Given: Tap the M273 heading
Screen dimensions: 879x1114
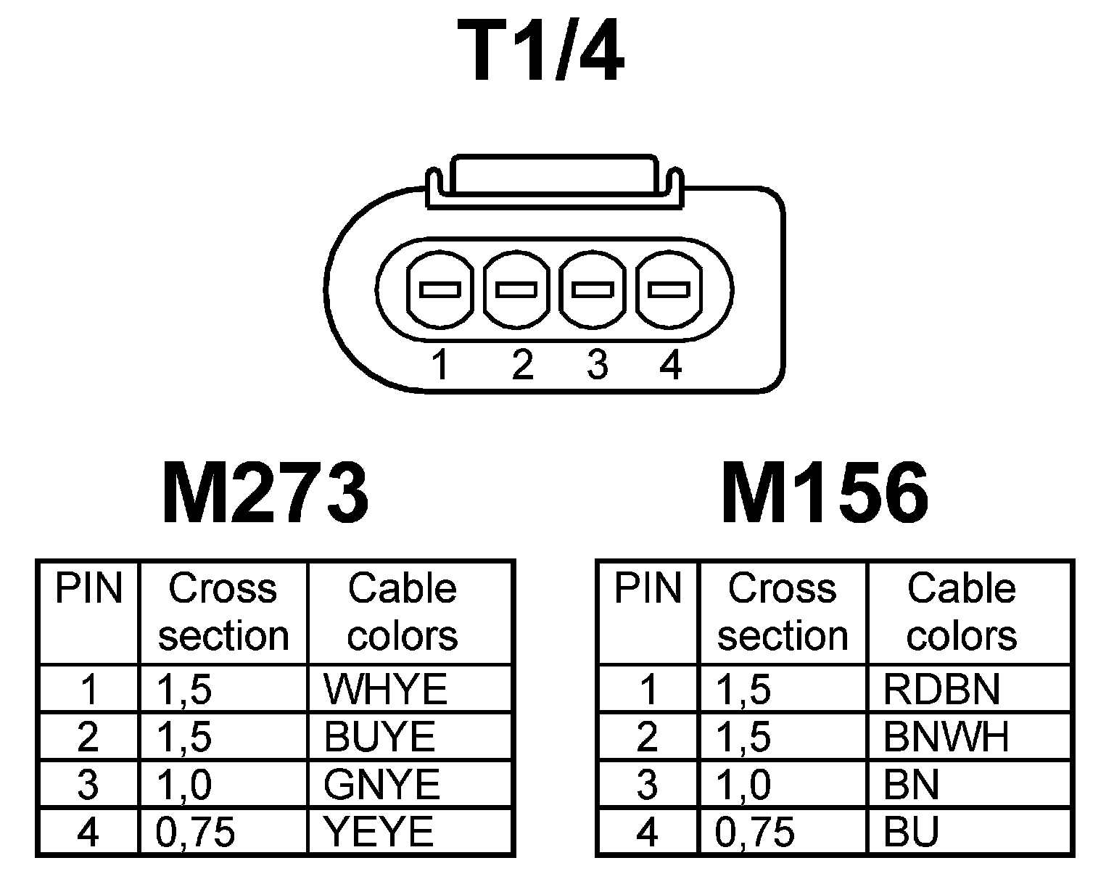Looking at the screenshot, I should pyautogui.click(x=265, y=494).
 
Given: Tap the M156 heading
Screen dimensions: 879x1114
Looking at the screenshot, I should pyautogui.click(x=825, y=494).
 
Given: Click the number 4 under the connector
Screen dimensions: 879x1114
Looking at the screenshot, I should pyautogui.click(x=671, y=365).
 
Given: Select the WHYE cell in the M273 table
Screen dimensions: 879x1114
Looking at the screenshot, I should pyautogui.click(x=385, y=689).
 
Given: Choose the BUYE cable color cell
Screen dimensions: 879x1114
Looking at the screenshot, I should pyautogui.click(x=379, y=737).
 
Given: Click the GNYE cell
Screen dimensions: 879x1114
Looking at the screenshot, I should pyautogui.click(x=382, y=785).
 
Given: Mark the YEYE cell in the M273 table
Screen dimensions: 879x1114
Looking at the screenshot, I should pyautogui.click(x=379, y=833).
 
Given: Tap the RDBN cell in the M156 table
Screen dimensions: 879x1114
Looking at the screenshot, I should pyautogui.click(x=941, y=689).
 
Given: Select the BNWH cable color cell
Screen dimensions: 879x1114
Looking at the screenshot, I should pyautogui.click(x=946, y=737).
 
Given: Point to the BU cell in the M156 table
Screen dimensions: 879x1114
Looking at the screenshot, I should pyautogui.click(x=911, y=833).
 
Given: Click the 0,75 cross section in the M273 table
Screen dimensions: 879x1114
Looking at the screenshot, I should pyautogui.click(x=196, y=833).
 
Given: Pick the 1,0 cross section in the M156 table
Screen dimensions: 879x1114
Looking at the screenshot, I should pyautogui.click(x=743, y=785).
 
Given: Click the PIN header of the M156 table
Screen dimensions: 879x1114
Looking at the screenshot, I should pyautogui.click(x=648, y=589).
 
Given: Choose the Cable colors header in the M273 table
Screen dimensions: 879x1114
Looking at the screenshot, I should pyautogui.click(x=403, y=612).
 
